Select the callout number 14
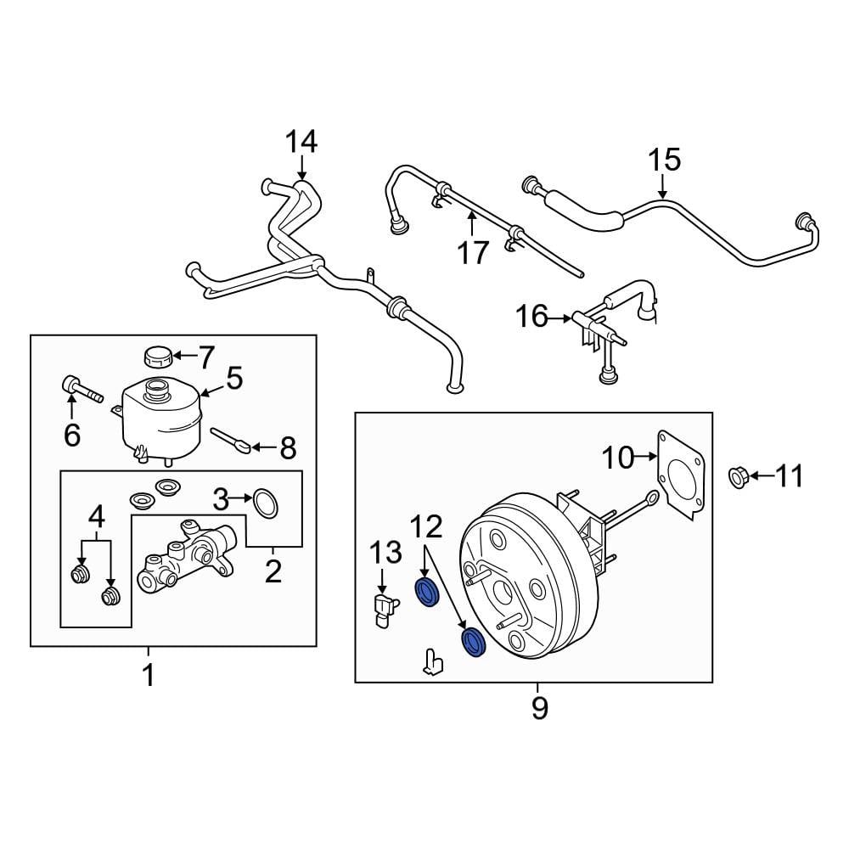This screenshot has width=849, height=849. point(301,142)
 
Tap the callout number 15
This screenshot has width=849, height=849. point(665,160)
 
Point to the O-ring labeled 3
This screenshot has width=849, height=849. point(266,503)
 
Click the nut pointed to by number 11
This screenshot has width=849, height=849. point(737,478)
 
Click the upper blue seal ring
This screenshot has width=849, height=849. point(427,593)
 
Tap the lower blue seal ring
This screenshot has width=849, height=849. point(472,643)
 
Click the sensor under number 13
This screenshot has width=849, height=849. point(385,610)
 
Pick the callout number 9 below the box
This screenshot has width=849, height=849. point(540,706)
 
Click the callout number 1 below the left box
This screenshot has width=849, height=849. point(148,676)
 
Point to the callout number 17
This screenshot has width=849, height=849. point(473,252)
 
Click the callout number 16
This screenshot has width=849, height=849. point(532,318)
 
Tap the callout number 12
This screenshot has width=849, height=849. point(426,527)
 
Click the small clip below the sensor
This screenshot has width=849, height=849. point(432,661)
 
